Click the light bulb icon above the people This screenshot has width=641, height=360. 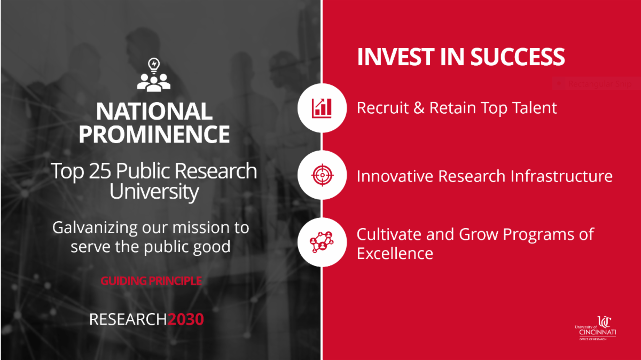[154, 66]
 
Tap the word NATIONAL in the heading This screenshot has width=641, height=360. [154, 111]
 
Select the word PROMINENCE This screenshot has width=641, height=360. [154, 134]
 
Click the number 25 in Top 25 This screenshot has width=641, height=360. [100, 171]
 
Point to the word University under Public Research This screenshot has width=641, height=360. [154, 191]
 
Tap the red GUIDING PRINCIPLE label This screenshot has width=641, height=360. [151, 281]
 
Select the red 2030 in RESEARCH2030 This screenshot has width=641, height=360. [185, 319]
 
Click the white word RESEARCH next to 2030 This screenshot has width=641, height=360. [128, 319]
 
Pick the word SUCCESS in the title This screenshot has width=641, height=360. [518, 57]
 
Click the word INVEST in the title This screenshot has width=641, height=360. [396, 57]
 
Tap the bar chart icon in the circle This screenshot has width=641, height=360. [322, 108]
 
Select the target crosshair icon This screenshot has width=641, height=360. [322, 175]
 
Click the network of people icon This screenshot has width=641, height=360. [322, 242]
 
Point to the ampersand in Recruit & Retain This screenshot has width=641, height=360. [419, 108]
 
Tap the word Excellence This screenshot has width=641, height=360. [395, 253]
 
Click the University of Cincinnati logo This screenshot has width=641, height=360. [596, 328]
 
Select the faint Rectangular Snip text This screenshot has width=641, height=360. [600, 84]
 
